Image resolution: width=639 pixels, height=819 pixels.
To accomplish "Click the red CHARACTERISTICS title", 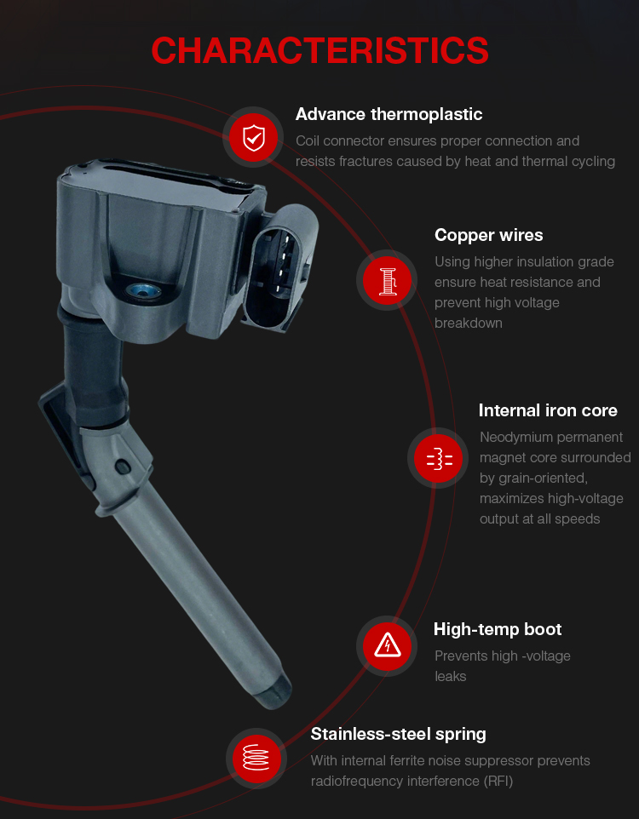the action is click(319, 51).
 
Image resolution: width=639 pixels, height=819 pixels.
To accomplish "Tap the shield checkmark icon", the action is click(254, 137).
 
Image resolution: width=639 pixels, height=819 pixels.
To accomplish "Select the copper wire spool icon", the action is click(387, 280).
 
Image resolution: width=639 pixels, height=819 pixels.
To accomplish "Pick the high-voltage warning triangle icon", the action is click(387, 645).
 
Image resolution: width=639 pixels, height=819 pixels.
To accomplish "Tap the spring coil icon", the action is click(256, 758).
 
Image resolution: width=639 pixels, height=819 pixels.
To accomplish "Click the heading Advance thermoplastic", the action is click(389, 114).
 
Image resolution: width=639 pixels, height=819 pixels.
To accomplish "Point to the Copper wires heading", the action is click(488, 235).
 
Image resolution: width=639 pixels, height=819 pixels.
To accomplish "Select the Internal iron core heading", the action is click(548, 410).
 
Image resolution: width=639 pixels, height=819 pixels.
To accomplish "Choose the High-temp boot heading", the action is click(498, 629).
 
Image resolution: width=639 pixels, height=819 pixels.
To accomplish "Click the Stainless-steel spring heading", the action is click(398, 735).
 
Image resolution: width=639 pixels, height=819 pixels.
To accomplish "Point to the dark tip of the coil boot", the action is click(273, 691).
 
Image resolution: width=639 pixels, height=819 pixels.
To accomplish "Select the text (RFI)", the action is click(498, 781).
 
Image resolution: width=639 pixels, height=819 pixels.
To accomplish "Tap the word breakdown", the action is click(468, 324).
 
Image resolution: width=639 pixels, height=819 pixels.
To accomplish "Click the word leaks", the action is click(450, 677).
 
